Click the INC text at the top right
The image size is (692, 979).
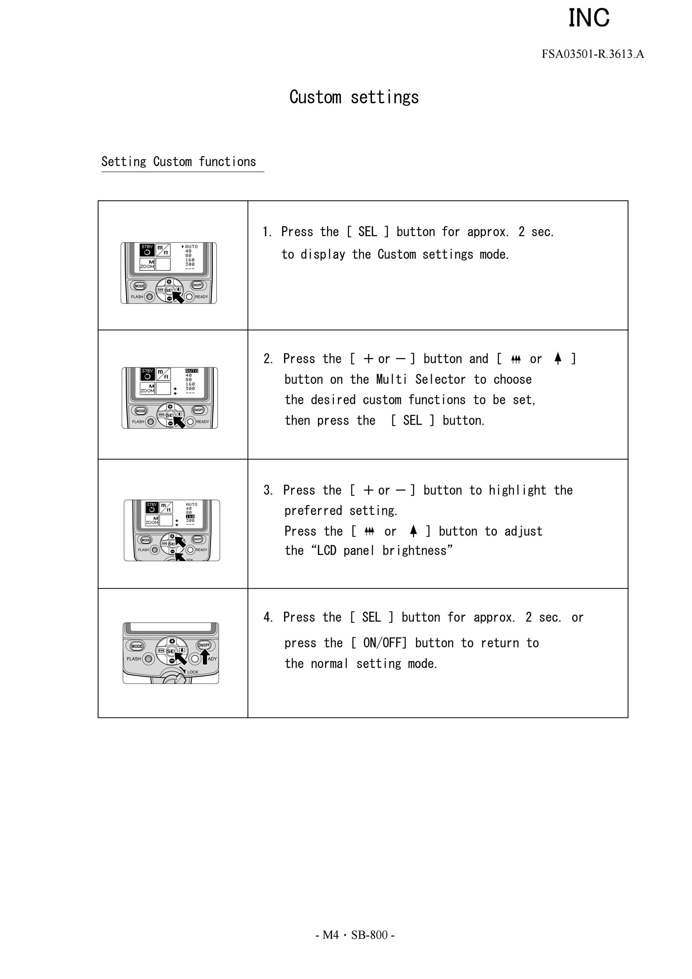point(589,18)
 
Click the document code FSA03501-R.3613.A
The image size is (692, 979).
point(593,54)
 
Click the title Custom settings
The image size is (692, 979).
point(354,97)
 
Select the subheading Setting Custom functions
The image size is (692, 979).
point(178,162)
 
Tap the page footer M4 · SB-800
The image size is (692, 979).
point(355,935)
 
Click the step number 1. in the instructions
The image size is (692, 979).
point(268,232)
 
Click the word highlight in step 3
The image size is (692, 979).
point(517,490)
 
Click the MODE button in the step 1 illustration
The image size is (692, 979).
point(140,286)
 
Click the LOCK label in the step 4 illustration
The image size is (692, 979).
point(192,672)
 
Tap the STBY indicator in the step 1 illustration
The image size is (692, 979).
point(147,247)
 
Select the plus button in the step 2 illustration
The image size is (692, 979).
point(170,406)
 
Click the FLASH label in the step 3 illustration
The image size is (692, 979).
point(144,550)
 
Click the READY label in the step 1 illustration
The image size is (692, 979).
point(202,297)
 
